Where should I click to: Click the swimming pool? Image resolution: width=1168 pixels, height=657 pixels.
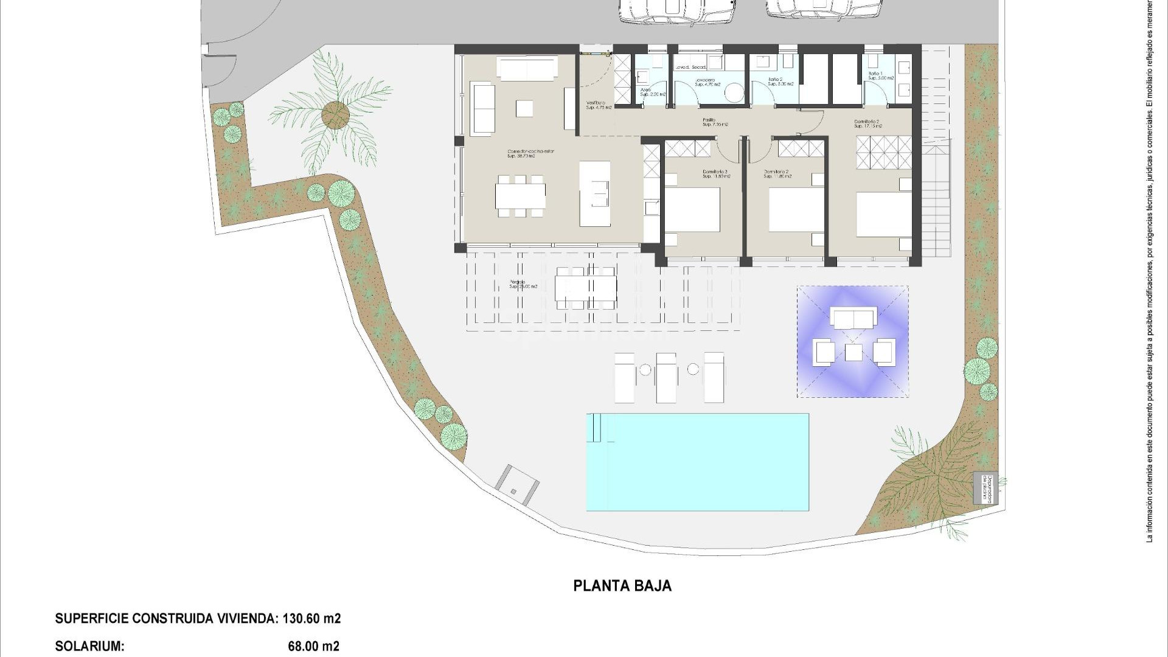[x=697, y=462]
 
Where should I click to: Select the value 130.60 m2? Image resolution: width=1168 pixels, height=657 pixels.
[x=311, y=619]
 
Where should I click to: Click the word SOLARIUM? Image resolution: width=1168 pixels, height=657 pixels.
[x=89, y=646]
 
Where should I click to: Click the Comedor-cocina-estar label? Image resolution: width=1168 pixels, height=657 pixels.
[x=531, y=153]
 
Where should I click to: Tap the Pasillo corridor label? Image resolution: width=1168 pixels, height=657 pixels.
[x=711, y=122]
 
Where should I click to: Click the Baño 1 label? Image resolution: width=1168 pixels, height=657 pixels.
[x=881, y=75]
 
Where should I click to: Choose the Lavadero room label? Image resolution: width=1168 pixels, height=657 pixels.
[x=707, y=82]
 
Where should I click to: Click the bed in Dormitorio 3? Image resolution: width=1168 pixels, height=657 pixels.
[x=692, y=210]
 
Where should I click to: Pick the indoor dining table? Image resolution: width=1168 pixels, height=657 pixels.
[x=520, y=196]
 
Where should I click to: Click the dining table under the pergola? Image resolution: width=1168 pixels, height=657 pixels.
[x=586, y=288]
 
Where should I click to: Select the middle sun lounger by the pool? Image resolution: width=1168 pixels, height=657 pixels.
[x=666, y=377]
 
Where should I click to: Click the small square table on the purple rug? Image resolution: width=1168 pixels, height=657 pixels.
[x=853, y=352]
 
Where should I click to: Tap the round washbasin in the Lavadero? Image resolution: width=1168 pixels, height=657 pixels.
[x=734, y=92]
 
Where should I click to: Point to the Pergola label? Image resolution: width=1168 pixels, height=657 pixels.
[x=523, y=284]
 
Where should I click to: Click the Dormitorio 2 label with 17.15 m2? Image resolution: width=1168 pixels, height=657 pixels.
[x=867, y=124]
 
